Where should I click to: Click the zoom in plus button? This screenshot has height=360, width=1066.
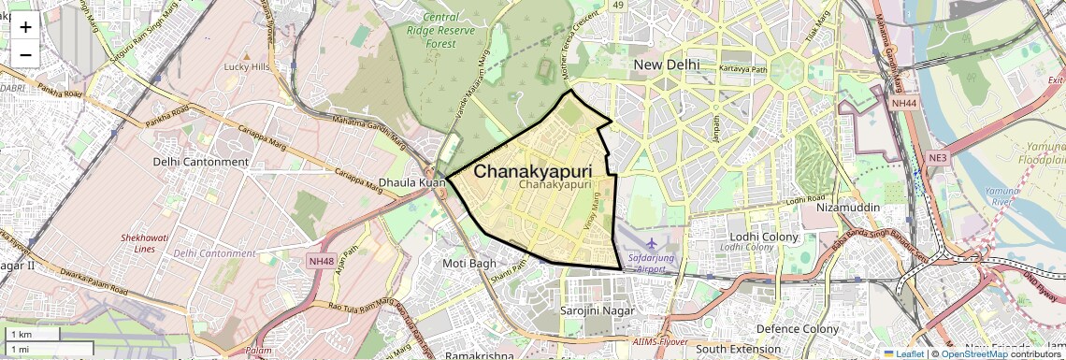(25, 26)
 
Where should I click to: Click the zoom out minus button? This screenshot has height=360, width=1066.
(25, 54)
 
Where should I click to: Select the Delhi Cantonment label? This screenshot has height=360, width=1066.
(201, 162)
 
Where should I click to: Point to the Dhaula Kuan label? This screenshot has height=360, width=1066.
(412, 182)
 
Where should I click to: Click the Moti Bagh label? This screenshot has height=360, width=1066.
(469, 264)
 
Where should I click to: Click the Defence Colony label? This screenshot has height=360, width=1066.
(798, 329)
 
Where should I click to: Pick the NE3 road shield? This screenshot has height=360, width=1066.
(937, 158)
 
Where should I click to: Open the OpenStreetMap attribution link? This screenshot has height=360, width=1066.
(973, 353)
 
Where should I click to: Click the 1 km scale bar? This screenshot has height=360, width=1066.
(33, 335)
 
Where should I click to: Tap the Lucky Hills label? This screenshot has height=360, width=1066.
(247, 67)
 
